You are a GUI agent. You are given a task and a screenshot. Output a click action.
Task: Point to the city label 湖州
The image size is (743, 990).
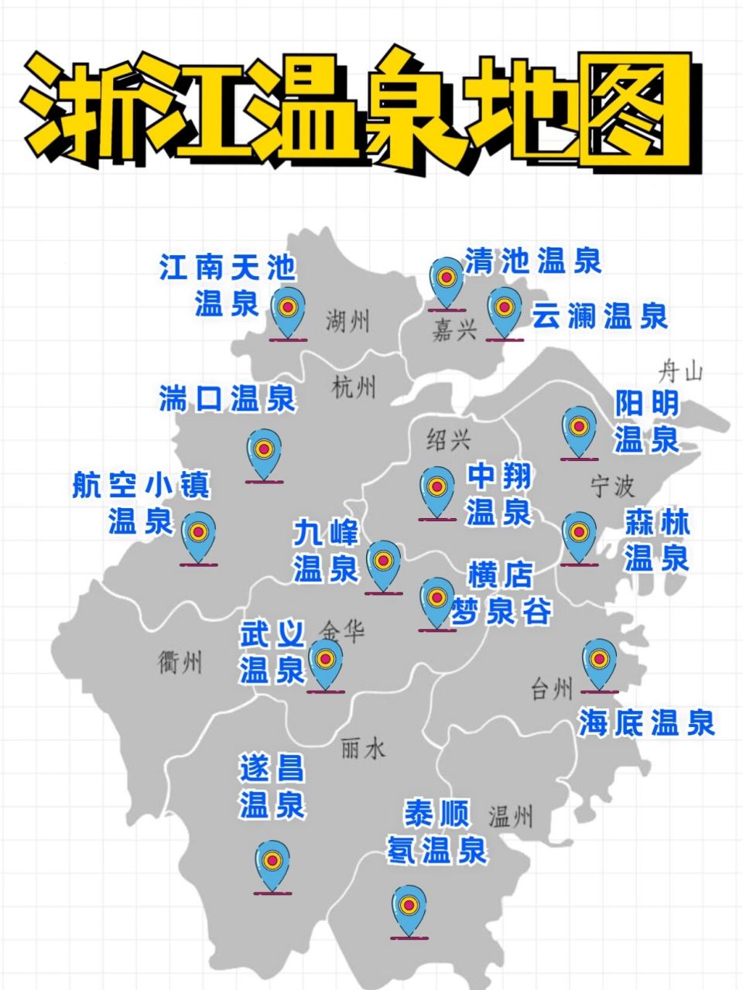click(348, 320)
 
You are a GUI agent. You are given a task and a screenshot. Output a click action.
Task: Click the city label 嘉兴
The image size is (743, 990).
click(454, 330)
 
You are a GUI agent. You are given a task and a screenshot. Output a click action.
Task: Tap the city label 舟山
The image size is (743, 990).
click(680, 372)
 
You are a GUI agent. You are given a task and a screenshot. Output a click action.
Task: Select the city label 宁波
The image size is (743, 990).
click(612, 486)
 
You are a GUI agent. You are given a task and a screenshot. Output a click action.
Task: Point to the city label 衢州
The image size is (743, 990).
click(180, 662)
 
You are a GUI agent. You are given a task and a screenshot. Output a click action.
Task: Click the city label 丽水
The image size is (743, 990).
click(362, 748)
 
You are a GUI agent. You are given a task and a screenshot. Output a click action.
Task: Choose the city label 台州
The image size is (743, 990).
click(552, 688)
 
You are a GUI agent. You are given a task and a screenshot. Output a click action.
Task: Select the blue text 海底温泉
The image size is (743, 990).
click(647, 723)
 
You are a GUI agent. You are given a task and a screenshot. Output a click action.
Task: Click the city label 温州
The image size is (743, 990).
click(510, 817)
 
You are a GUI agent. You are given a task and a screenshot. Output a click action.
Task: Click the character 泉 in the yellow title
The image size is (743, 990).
click(410, 108)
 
